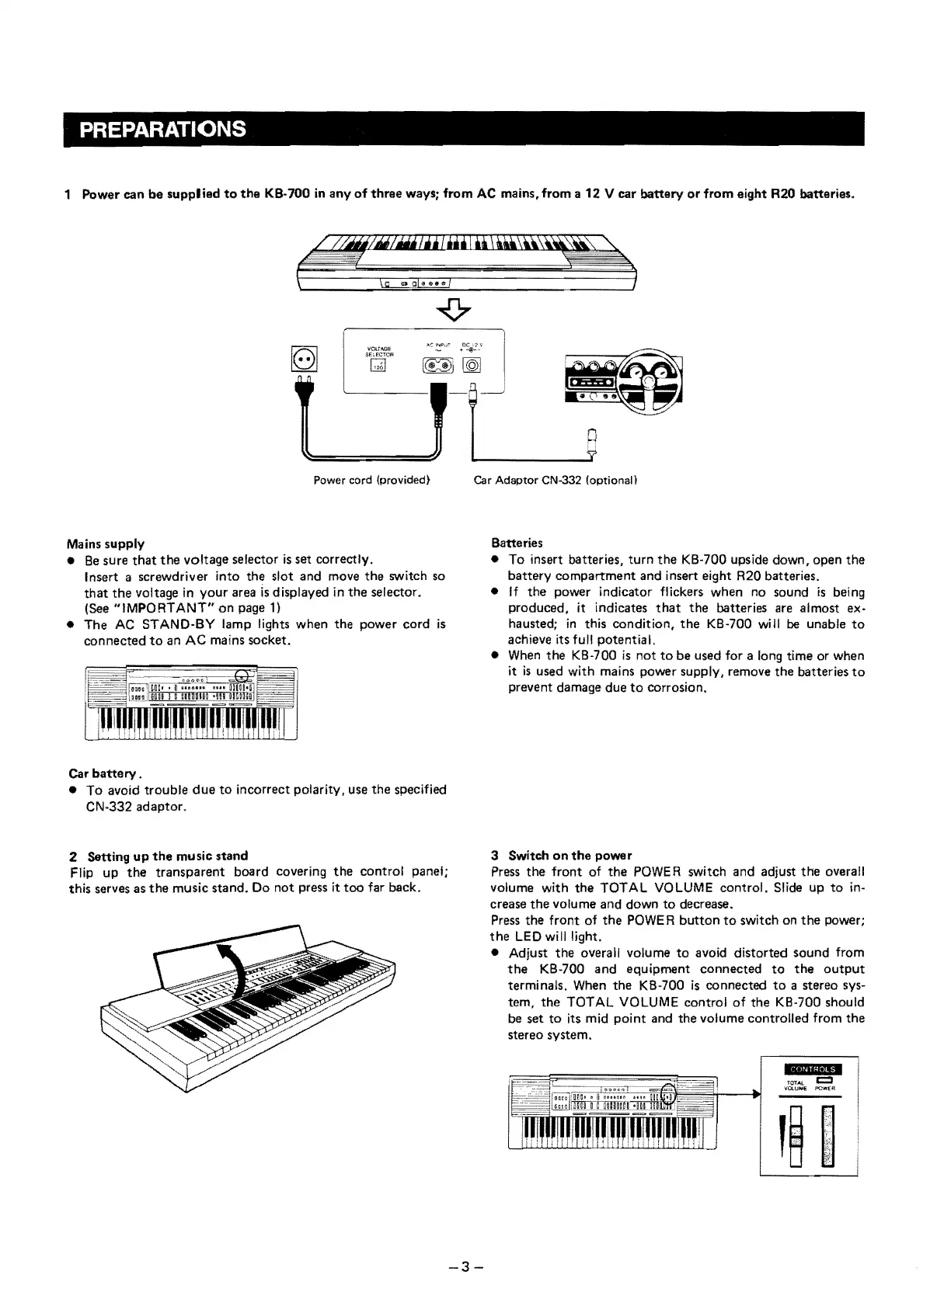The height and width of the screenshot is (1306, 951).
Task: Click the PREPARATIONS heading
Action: click(x=162, y=129)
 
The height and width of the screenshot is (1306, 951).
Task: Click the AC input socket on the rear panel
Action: click(x=437, y=365)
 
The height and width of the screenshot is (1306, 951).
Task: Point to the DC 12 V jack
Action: click(x=472, y=366)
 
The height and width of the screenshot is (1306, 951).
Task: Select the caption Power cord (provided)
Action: click(x=371, y=480)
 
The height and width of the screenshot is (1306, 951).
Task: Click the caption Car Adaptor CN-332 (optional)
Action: click(x=556, y=480)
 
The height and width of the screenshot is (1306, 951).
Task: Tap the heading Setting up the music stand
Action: click(x=158, y=856)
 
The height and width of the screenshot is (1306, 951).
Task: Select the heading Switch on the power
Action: click(x=562, y=856)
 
